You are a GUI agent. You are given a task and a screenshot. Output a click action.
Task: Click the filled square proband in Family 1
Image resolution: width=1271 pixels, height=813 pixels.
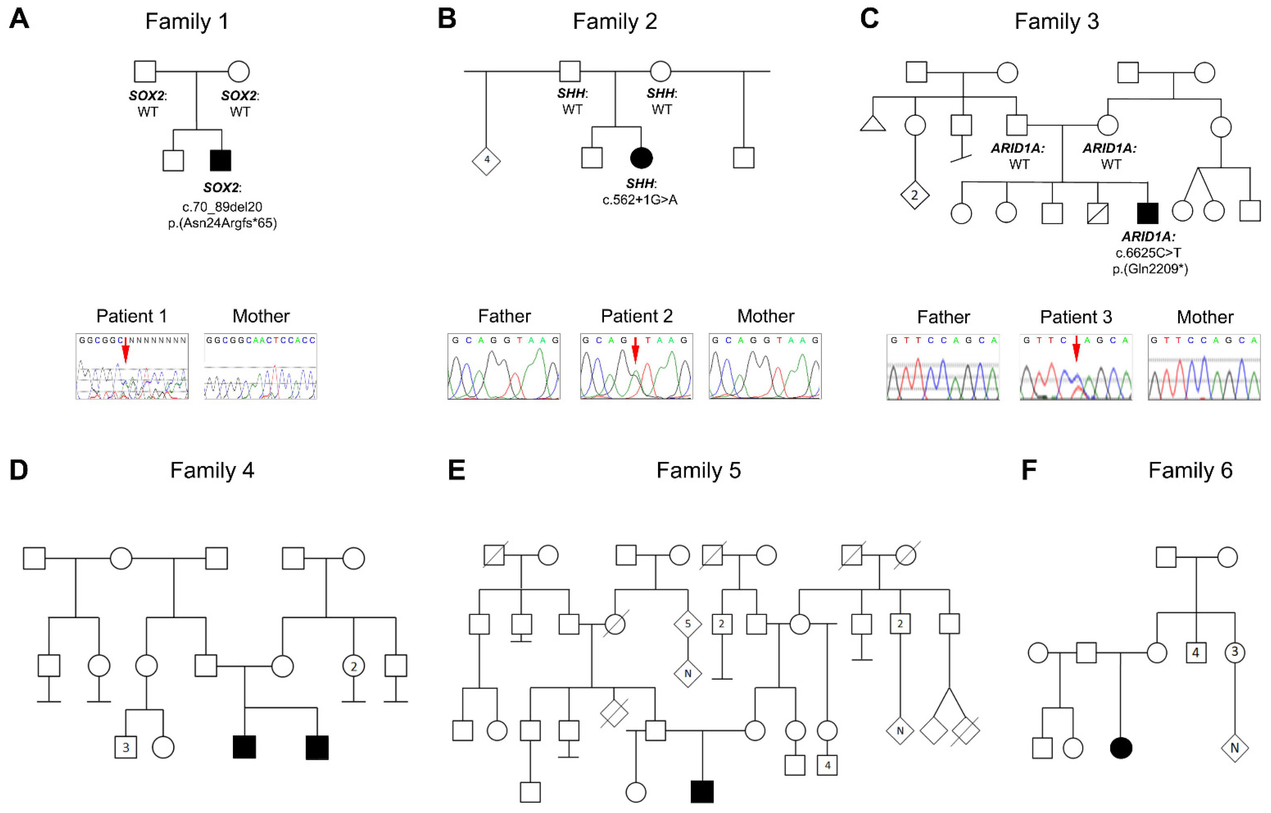220,160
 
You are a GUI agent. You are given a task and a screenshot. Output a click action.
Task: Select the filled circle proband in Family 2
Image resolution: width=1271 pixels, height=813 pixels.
641,158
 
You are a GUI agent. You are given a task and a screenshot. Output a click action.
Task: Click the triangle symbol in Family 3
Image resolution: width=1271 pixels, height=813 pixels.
873,124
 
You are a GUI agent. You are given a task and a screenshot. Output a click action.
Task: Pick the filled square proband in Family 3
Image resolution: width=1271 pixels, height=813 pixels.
1148,213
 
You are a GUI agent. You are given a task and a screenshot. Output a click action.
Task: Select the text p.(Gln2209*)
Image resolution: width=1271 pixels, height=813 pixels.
1150,269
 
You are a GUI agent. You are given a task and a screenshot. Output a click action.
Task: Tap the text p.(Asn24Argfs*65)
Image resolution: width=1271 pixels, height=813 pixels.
222,223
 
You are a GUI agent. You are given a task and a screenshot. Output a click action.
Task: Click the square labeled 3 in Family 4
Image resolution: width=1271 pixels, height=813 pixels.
126,747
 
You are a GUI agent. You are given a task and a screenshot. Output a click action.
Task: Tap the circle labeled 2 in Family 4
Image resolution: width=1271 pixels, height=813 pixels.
354,666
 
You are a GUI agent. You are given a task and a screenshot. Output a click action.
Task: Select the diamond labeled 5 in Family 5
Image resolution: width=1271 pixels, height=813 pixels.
687,624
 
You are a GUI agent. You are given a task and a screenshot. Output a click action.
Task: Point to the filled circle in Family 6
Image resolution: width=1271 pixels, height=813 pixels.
1121,748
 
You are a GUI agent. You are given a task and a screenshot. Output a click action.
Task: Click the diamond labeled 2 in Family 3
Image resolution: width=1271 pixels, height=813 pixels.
915,195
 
